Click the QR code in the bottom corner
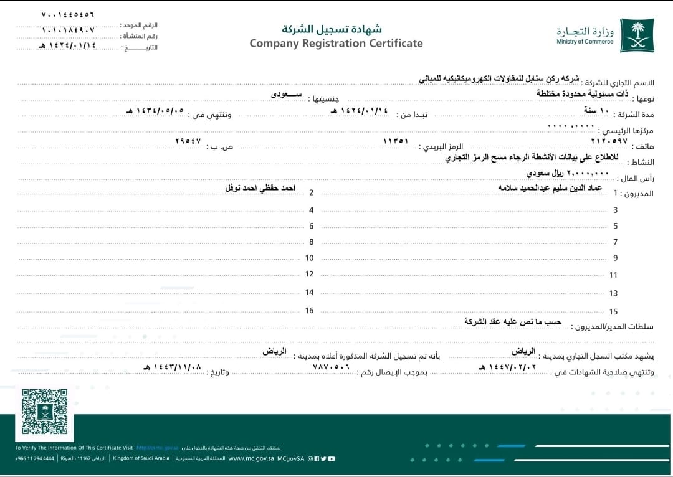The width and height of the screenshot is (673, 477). point(45,412)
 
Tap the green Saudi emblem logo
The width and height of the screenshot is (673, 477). point(637,35)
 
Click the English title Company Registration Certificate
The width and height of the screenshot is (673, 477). point(336,44)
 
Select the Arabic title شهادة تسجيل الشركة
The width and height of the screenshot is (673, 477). point(332,29)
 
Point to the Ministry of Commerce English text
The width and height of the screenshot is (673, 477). point(585,42)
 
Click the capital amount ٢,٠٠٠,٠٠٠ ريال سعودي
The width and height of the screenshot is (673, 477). point(568,172)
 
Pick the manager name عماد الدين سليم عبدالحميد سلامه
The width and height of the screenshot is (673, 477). point(552,187)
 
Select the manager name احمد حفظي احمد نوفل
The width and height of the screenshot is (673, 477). point(260,187)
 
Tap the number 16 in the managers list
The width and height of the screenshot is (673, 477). point(309,310)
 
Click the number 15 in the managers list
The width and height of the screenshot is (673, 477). point(613,311)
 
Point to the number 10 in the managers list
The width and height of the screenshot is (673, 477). point(309,258)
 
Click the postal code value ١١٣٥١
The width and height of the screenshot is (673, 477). point(395,141)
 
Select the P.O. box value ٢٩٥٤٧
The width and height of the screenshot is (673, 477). point(188,141)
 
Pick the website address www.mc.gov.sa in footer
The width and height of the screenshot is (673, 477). point(251,458)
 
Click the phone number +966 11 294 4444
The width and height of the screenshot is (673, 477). point(36,458)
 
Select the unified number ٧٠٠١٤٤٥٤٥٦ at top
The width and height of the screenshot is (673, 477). point(68,14)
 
